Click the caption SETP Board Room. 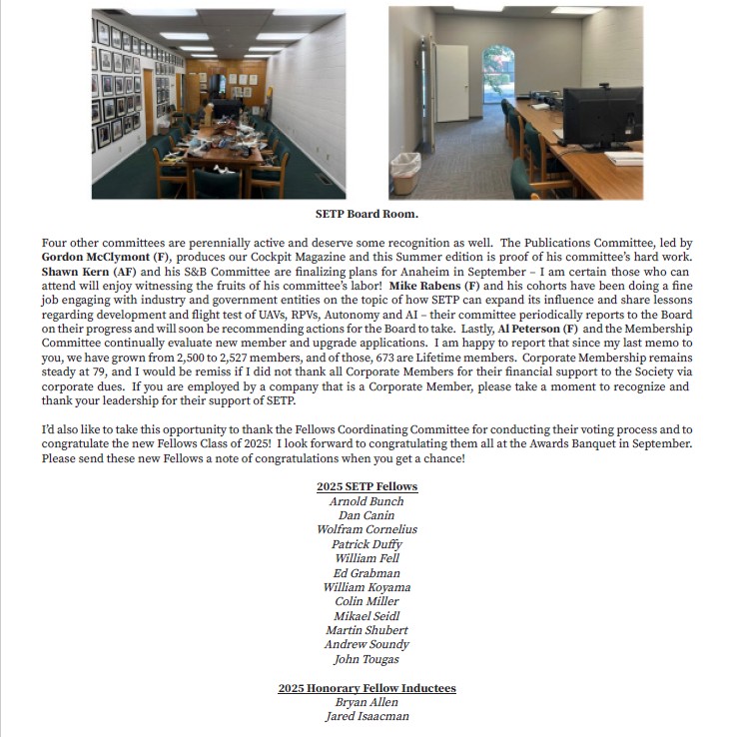pos(366,214)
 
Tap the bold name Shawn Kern pos(75,272)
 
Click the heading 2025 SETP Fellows pos(366,486)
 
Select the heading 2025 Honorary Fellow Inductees pos(366,688)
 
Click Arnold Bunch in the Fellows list pos(366,501)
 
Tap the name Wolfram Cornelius pos(366,529)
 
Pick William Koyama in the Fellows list pos(366,587)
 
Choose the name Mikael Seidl pos(366,616)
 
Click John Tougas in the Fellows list pos(366,659)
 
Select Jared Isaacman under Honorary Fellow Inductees pos(366,716)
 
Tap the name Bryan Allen pos(366,702)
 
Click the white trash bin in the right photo pos(405,174)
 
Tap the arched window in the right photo pos(498,71)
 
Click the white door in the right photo pos(452,84)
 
